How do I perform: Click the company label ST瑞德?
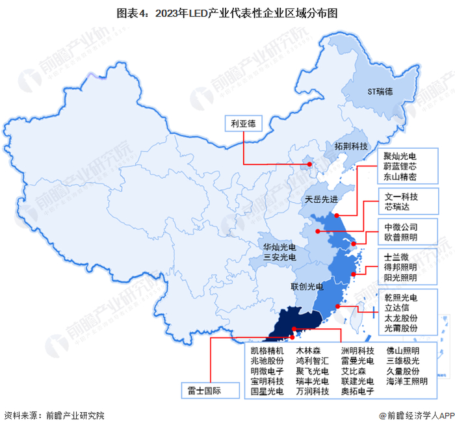381,92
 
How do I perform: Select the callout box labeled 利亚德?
242,122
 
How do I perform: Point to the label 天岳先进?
321,200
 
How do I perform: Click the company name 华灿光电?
279,248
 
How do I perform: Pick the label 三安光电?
279,258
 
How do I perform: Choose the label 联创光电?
305,286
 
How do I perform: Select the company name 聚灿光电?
400,157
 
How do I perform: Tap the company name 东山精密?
400,177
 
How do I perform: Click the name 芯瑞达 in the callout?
396,207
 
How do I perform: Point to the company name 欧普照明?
400,238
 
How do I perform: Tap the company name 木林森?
308,351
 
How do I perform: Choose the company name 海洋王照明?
407,381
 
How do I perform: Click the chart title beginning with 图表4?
227,12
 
